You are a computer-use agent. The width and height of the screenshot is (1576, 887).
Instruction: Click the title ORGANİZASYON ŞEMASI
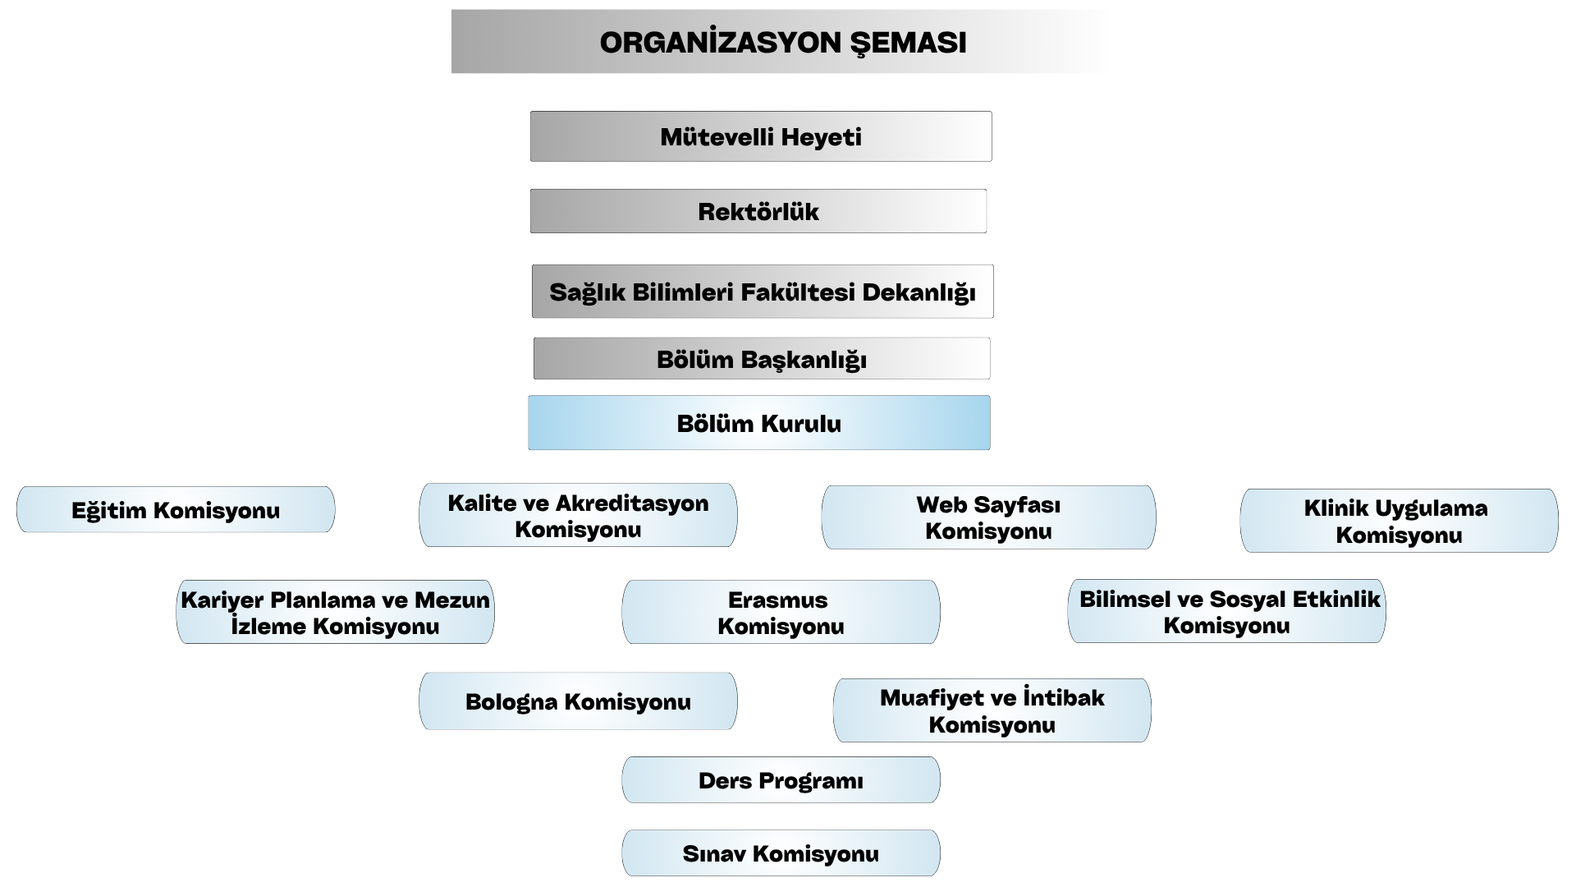point(783,43)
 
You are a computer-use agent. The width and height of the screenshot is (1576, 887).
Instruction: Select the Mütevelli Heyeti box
point(761,136)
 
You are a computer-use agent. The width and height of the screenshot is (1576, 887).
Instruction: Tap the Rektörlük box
point(758,211)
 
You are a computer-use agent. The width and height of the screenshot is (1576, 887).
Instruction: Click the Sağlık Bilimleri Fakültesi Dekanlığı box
point(763,292)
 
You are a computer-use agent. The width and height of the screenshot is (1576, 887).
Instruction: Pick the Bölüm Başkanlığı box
point(762,358)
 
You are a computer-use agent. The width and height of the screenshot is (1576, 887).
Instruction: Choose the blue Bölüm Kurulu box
point(759,423)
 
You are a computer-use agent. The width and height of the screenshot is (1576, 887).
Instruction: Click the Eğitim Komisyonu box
point(176,509)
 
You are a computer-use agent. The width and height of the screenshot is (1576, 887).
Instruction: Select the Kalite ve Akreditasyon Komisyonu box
point(578,515)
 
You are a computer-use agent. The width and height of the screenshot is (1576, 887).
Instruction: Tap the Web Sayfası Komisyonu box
point(988,517)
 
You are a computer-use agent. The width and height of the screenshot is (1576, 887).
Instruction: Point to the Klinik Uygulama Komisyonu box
point(1399,521)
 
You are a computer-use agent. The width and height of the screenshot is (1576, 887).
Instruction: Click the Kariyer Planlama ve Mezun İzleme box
point(335,612)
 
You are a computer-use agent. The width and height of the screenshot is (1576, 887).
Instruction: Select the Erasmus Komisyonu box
point(781,612)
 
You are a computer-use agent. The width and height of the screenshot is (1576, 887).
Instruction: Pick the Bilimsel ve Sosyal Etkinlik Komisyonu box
point(1226,611)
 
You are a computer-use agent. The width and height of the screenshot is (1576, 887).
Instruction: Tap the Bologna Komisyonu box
point(578,701)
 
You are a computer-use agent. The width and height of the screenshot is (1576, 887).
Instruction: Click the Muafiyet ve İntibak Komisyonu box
point(992,710)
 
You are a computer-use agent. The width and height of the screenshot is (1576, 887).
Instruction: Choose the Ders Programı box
point(781,779)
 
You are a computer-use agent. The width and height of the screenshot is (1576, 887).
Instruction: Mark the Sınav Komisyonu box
point(781,853)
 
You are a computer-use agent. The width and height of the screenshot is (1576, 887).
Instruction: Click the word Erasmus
point(778,600)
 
